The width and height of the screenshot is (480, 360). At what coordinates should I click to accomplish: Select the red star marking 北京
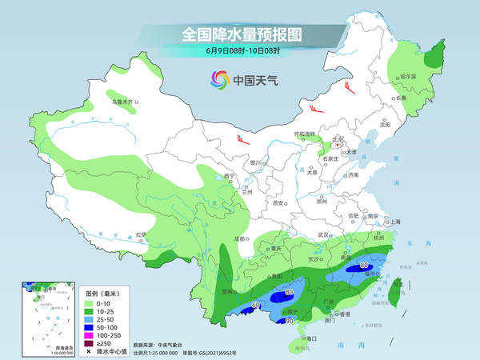click(x=339, y=145)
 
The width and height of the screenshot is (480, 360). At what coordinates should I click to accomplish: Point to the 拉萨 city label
click(x=142, y=234)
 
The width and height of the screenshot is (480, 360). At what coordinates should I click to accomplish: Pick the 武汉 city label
click(x=324, y=234)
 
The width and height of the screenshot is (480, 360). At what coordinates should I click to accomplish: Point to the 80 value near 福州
click(x=364, y=264)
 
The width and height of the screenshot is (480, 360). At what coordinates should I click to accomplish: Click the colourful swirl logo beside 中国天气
click(x=218, y=79)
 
